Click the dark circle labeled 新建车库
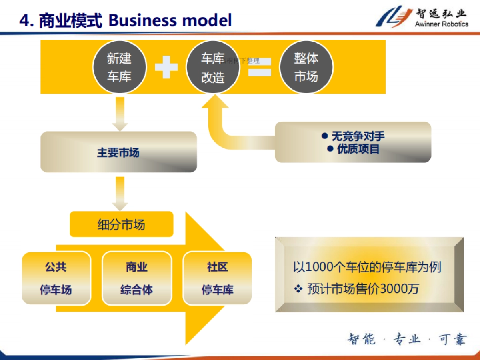point(119,67)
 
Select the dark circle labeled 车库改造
point(213,67)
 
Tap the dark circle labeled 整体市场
point(306,67)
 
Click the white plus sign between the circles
point(166,67)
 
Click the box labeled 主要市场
point(118,152)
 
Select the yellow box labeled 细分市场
point(121,224)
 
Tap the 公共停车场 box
point(56,278)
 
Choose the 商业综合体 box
point(137,278)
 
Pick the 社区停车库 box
point(217,278)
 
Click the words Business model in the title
point(170,20)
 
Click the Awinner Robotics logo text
point(441,24)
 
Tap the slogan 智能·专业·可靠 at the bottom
point(406,340)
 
